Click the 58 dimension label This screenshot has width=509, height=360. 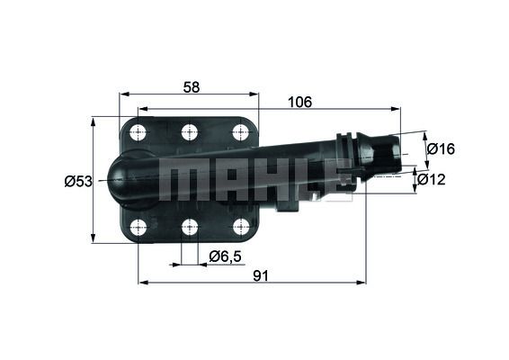[190, 86]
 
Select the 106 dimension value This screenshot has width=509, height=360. [299, 102]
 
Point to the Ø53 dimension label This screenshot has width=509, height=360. [78, 181]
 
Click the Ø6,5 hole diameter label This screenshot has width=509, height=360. [225, 256]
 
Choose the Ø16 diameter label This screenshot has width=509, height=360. [440, 148]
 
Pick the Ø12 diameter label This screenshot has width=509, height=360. [433, 179]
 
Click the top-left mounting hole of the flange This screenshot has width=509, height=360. [138, 133]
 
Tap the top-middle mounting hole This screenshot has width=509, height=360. [189, 133]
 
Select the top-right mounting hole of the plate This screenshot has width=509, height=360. [240, 133]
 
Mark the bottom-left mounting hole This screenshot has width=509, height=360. [138, 227]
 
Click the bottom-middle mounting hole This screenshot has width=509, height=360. [189, 227]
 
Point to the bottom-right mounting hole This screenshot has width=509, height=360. [240, 227]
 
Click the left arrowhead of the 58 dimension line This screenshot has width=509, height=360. [124, 94]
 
